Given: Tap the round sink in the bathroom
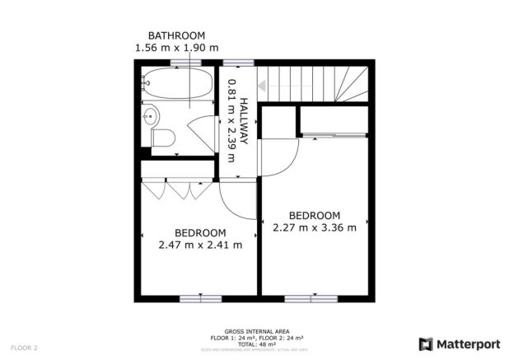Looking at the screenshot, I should coord(152,117).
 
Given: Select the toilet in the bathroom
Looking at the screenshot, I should coord(162,138).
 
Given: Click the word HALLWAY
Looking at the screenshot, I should coord(245,124).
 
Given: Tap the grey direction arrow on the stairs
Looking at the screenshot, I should coord(268,84).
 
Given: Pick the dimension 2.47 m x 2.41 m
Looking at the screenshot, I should coord(200,244).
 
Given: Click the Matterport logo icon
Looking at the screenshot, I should coord(426,344).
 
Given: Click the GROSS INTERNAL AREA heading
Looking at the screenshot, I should coord(254,331).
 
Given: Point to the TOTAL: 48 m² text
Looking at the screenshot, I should coord(254,344).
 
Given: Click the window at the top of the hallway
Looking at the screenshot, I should coord(237,62).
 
